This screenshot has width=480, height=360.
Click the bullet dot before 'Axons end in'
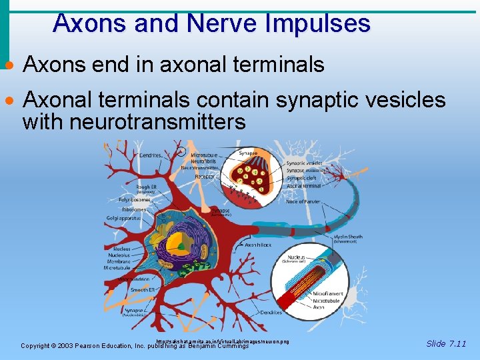click(9, 67)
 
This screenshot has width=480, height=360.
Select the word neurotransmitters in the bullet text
click(134, 122)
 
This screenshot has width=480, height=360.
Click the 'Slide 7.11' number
click(446, 344)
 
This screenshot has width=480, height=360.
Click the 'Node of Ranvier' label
click(303, 201)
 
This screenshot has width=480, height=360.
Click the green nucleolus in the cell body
click(181, 245)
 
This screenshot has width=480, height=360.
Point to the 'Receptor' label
click(205, 177)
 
